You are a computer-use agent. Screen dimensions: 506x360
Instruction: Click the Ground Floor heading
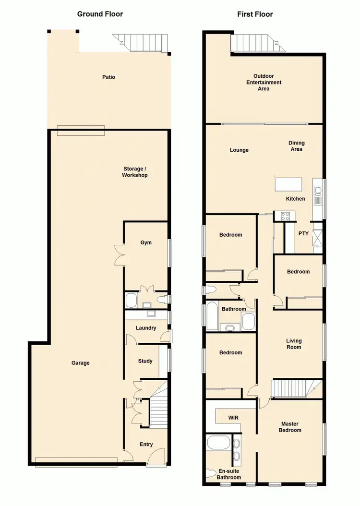[x=100, y=14]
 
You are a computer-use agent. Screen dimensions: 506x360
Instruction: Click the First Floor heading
[x=255, y=14]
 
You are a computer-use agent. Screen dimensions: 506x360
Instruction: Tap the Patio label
[x=108, y=77]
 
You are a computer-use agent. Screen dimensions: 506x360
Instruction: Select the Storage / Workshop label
[x=135, y=172]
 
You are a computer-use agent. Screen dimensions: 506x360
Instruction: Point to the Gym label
[x=146, y=242]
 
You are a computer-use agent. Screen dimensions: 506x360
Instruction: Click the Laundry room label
[x=146, y=328]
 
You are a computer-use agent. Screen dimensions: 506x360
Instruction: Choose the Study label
[x=145, y=361]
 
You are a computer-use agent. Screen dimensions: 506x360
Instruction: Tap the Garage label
[x=81, y=363]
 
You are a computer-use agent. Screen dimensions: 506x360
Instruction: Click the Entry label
[x=146, y=444]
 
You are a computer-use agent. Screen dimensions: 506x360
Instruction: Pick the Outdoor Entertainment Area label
[x=264, y=82]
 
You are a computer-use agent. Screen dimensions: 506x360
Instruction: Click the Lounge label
[x=239, y=150]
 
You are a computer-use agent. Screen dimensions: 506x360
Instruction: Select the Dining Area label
[x=296, y=146]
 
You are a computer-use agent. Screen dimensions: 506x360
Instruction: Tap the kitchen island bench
[x=288, y=184]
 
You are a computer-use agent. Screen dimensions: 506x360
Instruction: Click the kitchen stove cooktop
[x=282, y=217]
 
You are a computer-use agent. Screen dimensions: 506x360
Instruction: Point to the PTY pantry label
[x=303, y=234]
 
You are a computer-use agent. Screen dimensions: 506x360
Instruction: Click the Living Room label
[x=293, y=344]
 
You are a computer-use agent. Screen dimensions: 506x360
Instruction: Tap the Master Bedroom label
[x=290, y=427]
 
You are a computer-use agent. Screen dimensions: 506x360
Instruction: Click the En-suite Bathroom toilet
[x=210, y=474]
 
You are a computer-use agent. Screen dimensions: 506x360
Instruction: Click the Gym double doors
[x=119, y=254]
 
